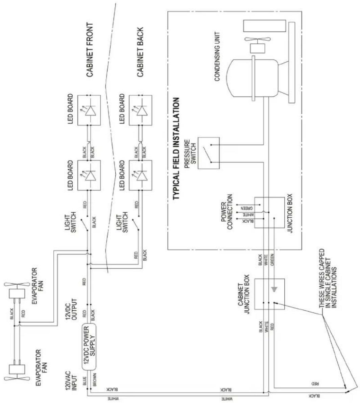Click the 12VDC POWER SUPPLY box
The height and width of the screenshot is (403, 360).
click(x=89, y=347)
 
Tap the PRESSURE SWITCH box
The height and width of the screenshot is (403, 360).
click(x=208, y=153)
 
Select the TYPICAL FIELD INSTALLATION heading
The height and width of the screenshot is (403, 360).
click(x=176, y=148)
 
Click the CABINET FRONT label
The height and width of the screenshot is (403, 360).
click(x=90, y=50)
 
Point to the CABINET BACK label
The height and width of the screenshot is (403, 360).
click(x=140, y=52)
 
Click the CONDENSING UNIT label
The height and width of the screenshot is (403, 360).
click(x=217, y=56)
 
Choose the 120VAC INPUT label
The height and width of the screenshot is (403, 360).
click(x=71, y=381)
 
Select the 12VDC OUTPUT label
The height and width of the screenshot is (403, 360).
click(x=71, y=309)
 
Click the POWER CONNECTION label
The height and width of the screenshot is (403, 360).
click(x=226, y=212)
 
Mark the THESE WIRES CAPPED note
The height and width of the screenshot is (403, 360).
click(x=328, y=278)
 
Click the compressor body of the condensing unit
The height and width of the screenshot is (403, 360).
click(x=254, y=78)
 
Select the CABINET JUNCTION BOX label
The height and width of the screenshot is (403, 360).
click(x=244, y=294)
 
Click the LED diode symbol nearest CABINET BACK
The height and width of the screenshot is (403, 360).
click(x=140, y=111)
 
